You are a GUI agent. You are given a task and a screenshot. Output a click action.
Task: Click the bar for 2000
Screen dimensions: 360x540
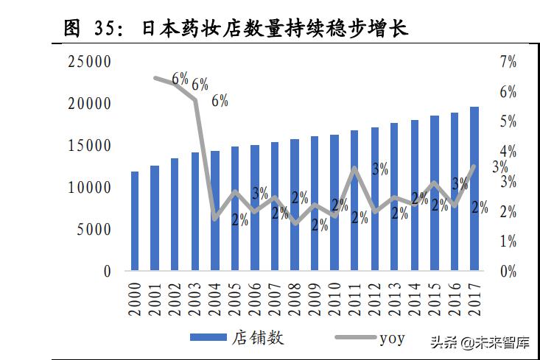tap(135, 221)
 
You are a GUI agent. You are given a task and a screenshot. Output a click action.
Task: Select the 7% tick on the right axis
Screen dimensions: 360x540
tap(508, 63)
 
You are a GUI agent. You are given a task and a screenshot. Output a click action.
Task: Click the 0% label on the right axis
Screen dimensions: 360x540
tap(508, 272)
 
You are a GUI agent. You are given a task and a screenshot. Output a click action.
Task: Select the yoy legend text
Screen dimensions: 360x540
tap(392, 339)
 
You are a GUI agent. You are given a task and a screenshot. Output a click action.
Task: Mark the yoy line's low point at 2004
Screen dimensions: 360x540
tap(215, 218)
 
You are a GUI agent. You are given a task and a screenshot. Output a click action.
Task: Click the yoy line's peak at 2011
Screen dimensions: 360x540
tap(354, 169)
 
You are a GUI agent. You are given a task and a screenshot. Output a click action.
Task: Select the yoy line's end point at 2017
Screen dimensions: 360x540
tap(474, 166)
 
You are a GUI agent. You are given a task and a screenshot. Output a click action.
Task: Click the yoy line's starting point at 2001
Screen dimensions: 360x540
tap(155, 77)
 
